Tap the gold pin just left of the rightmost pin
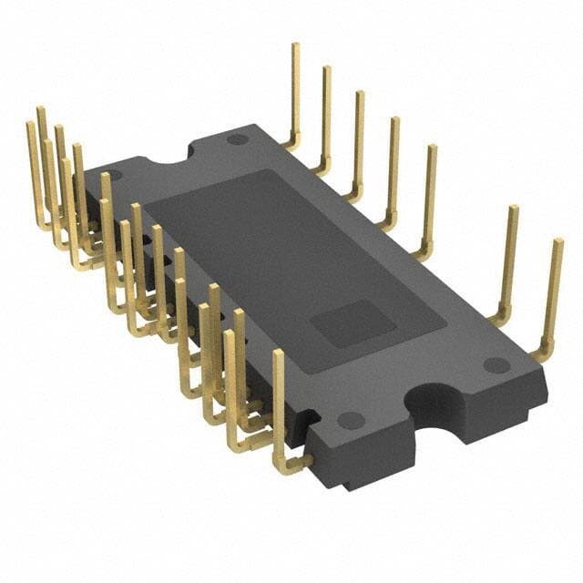[510, 260]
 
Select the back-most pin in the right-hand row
[295, 91]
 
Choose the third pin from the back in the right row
[359, 141]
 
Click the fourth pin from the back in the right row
[394, 169]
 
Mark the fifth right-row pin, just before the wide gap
[429, 196]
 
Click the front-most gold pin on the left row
[279, 401]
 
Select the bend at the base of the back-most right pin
[290, 142]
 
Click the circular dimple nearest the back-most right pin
[238, 139]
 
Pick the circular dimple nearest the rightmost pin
[496, 364]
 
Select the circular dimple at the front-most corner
[351, 420]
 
